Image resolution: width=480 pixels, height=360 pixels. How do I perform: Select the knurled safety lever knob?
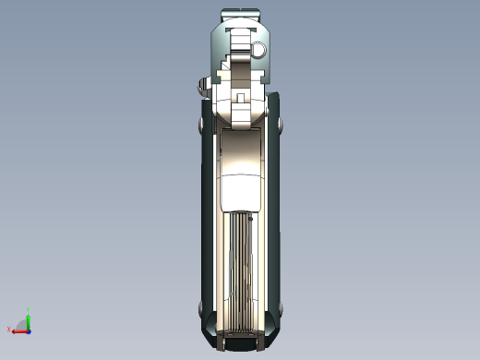coord(200,89)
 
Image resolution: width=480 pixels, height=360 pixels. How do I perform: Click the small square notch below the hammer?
coord(240,97)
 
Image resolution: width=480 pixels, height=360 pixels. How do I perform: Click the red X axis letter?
coord(9,329)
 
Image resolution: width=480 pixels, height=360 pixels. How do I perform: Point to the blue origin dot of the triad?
coord(29,330)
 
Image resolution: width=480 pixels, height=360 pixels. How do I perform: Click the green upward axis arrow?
coord(29,319)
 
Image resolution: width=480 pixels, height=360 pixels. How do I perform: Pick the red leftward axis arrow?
coord(18,330)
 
